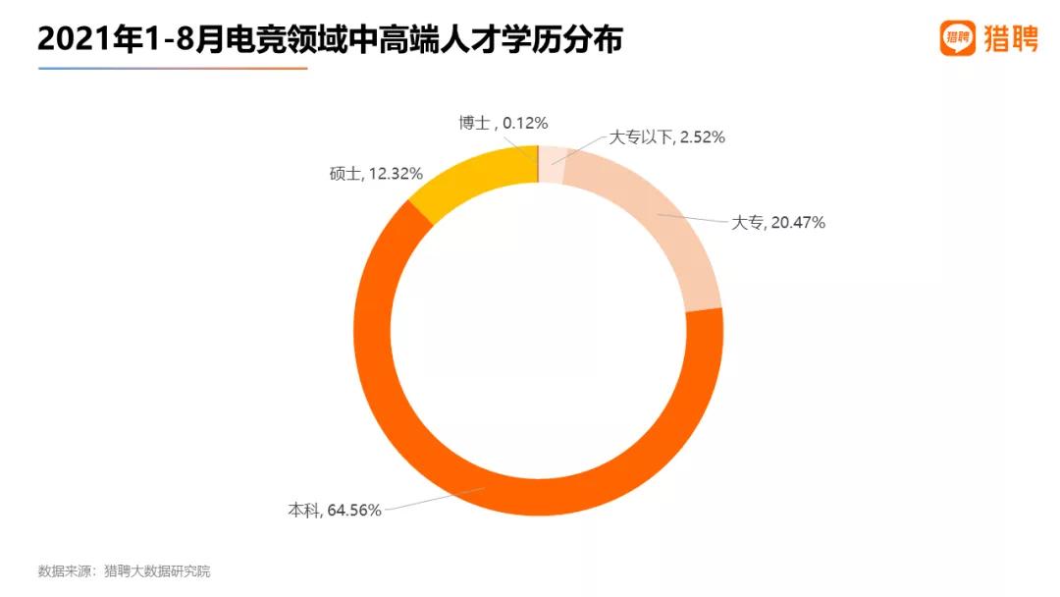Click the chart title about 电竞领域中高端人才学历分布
pos(330,40)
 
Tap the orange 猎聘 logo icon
pos(957,38)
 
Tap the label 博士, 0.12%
pos(503,123)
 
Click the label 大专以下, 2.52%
pos(667,137)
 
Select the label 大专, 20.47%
pos(778,222)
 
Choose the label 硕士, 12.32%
pos(376,173)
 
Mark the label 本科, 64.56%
pos(334,510)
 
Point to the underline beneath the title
pos(173,69)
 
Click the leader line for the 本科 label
pos(432,499)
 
